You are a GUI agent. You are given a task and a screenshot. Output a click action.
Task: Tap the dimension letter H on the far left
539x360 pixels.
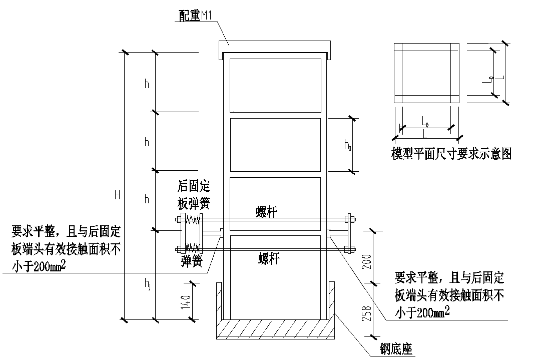tap(117, 195)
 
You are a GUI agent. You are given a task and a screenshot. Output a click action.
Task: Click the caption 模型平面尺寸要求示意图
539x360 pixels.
tap(451, 153)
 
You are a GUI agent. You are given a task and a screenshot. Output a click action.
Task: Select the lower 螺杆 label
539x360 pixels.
tap(268, 258)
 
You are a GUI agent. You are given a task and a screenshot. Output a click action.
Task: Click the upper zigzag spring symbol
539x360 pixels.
tap(192, 219)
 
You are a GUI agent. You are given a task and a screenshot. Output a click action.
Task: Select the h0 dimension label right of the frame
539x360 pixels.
tap(347, 145)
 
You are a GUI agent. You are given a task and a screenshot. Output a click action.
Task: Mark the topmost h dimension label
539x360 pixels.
tap(147, 84)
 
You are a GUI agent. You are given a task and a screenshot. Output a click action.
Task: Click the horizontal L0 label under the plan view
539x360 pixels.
tap(424, 121)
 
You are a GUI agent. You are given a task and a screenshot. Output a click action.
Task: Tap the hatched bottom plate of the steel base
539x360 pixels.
tap(274, 330)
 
